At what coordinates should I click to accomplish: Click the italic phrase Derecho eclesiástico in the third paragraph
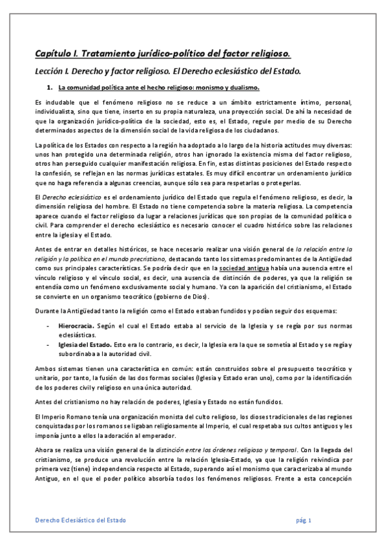tap(68, 197)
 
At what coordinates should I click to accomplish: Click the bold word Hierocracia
tap(76, 327)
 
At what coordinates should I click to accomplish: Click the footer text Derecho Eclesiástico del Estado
tap(80, 520)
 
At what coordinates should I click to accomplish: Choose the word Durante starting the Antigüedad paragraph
tap(47, 312)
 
